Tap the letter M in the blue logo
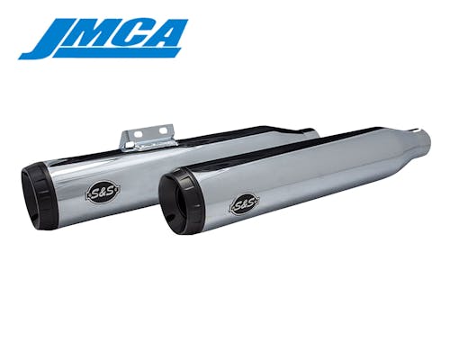click(99, 33)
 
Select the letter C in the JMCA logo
click(139, 33)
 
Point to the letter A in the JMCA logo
click(169, 33)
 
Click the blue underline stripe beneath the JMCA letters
click(117, 52)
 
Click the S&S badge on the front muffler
click(245, 204)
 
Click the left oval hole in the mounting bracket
click(139, 133)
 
